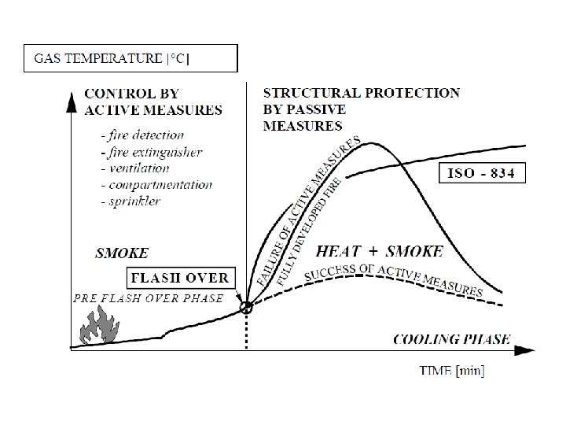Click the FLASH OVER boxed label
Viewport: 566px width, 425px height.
click(x=178, y=277)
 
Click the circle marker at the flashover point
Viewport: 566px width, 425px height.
click(x=247, y=308)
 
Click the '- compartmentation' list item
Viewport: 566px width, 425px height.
click(x=157, y=184)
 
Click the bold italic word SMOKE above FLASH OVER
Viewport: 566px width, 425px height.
click(x=122, y=253)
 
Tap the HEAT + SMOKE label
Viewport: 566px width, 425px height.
click(x=379, y=252)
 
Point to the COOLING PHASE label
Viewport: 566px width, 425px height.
click(x=451, y=339)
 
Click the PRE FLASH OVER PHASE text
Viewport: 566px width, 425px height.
click(x=148, y=298)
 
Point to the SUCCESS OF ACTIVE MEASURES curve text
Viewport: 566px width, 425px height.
click(x=393, y=279)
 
